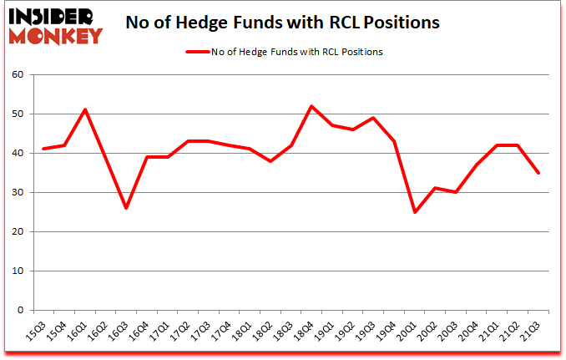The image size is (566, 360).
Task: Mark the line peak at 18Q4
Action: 311,106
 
